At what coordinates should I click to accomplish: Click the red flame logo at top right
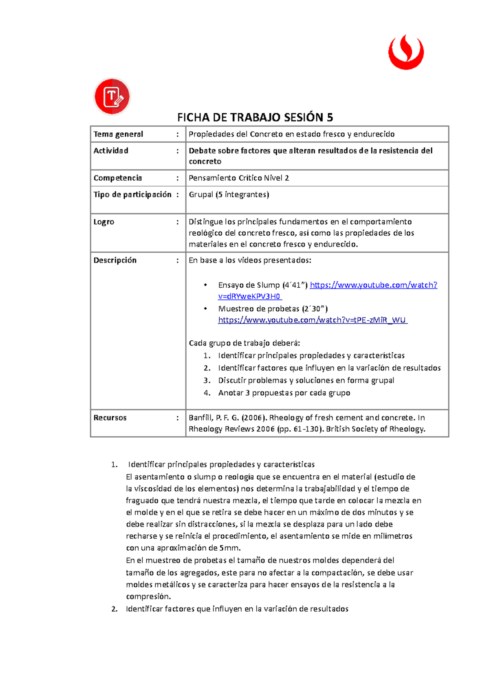click(x=406, y=52)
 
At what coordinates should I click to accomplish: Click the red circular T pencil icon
click(x=112, y=97)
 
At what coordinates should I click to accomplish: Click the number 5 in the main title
click(x=330, y=118)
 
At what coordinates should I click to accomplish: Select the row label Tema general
click(x=118, y=134)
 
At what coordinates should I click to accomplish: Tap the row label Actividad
click(x=111, y=151)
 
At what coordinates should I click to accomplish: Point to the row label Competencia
click(x=118, y=178)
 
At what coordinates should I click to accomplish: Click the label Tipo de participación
click(x=132, y=194)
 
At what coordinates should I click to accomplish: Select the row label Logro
click(x=104, y=222)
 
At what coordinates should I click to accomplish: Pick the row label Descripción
click(x=115, y=260)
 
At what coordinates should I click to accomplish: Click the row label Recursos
click(x=110, y=418)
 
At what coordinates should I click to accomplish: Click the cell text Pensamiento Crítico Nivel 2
click(x=239, y=178)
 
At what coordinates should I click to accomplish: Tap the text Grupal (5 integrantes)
click(x=229, y=194)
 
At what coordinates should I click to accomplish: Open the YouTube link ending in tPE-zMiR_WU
click(x=313, y=320)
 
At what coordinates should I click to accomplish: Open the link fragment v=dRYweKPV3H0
click(x=249, y=296)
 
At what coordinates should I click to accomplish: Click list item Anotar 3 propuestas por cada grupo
click(x=284, y=393)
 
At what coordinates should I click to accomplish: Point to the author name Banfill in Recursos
click(x=200, y=418)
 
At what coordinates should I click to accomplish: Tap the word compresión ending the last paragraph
click(x=148, y=596)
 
